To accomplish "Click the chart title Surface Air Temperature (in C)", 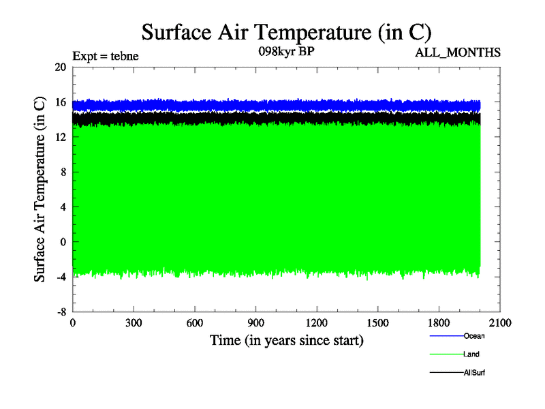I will [286, 32].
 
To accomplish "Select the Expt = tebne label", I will [105, 57].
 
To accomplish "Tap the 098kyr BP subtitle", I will [286, 52].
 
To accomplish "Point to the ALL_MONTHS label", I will [458, 52].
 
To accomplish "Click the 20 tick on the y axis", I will [60, 67].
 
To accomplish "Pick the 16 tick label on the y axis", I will [60, 102].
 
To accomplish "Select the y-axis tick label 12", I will [60, 137].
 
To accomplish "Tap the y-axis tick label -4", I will [60, 277].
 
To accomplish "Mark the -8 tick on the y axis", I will [60, 312].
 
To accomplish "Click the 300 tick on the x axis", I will [134, 323].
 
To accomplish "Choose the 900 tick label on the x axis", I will [255, 323].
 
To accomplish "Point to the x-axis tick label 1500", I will [378, 323].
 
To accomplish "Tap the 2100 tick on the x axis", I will [500, 323].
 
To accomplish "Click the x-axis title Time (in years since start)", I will [286, 339].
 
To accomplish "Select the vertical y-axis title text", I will [40, 190].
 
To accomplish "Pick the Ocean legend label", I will [474, 336].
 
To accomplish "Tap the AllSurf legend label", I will [474, 373].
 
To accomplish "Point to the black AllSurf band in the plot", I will [272, 119].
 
